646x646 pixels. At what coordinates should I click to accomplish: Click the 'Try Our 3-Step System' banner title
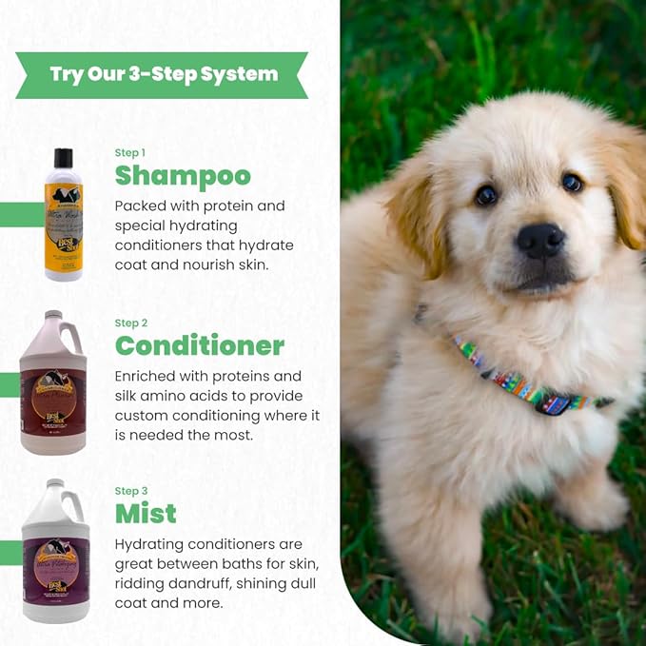click(x=164, y=74)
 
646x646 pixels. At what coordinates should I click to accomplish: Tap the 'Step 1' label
click(x=130, y=152)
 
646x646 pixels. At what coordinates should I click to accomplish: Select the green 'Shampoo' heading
click(x=183, y=176)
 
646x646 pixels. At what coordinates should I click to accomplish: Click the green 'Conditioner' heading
click(x=200, y=345)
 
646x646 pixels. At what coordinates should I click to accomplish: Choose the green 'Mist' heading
click(x=146, y=514)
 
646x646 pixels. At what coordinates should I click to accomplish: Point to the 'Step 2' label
click(x=131, y=323)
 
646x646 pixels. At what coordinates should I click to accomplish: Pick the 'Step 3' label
click(x=131, y=491)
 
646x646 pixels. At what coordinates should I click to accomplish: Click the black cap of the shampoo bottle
click(x=63, y=158)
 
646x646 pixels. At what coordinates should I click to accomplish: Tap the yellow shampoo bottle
click(x=63, y=224)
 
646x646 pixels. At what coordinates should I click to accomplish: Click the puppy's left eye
click(x=486, y=194)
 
